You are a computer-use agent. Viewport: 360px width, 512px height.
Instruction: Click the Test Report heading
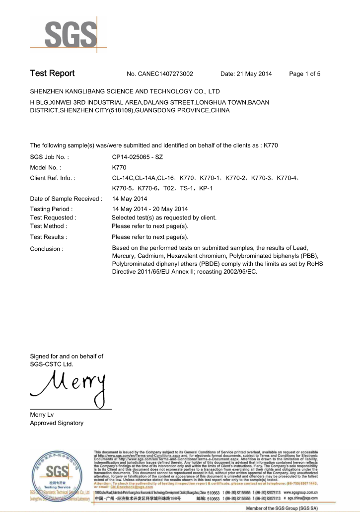52,73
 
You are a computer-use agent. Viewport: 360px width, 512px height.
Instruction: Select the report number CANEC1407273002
160,74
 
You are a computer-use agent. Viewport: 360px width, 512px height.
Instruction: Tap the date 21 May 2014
246,74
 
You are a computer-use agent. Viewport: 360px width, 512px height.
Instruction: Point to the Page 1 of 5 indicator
304,74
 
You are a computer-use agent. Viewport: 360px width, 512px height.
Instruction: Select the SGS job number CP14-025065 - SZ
138,157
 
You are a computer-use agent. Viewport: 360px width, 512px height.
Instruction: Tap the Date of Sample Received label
66,199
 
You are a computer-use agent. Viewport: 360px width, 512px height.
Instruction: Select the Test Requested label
53,218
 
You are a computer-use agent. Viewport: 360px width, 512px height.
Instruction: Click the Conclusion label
47,249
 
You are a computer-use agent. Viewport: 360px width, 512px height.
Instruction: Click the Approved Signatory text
57,423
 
